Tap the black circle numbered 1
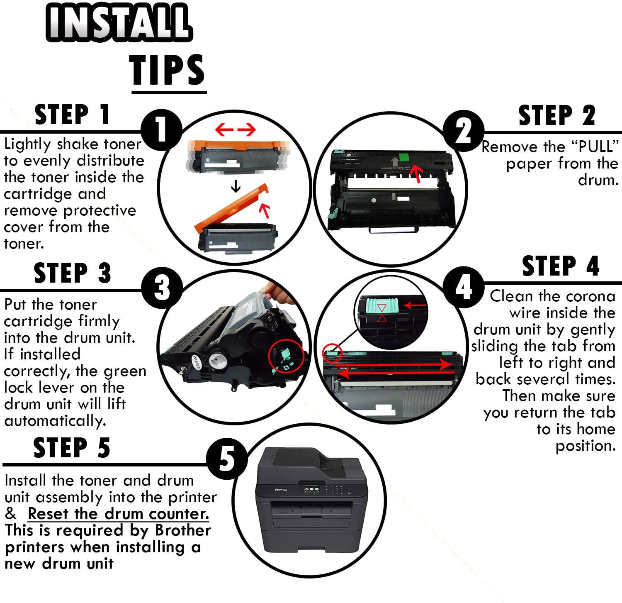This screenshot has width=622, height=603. [x=162, y=130]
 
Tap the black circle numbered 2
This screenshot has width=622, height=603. [x=464, y=131]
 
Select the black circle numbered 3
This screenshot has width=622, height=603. [x=162, y=288]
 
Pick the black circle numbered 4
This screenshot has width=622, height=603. [x=464, y=287]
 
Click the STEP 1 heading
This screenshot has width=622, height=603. [x=72, y=115]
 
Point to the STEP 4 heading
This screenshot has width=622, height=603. [x=561, y=266]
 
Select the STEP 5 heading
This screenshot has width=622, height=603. [x=72, y=448]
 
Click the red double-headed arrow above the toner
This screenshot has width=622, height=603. [x=236, y=130]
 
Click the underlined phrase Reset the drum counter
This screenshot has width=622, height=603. [x=118, y=514]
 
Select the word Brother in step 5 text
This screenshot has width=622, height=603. [x=183, y=530]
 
